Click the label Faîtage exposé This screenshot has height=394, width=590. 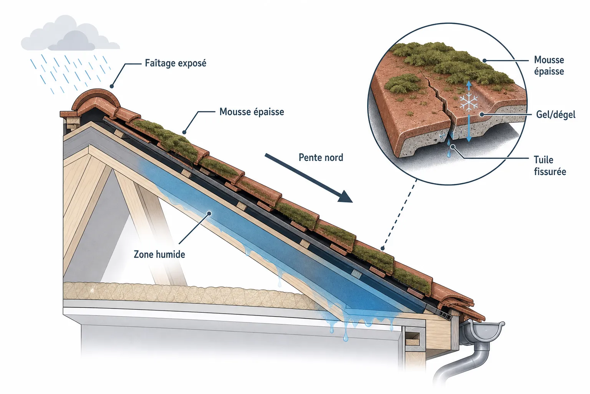(x=176, y=63)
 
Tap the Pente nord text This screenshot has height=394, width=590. (x=321, y=157)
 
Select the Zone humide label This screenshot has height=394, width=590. (x=159, y=254)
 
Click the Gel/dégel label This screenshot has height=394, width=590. (x=556, y=115)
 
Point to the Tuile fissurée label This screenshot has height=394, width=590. (x=550, y=166)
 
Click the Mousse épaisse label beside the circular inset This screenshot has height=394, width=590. (x=549, y=65)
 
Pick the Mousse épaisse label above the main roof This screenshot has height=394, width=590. (x=252, y=112)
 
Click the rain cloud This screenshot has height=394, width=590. (x=70, y=34)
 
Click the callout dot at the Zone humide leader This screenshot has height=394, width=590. (x=209, y=213)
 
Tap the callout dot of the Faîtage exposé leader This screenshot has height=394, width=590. (x=112, y=86)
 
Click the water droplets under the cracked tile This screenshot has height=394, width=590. (x=449, y=148)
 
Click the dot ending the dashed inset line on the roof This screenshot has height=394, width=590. (x=383, y=248)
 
